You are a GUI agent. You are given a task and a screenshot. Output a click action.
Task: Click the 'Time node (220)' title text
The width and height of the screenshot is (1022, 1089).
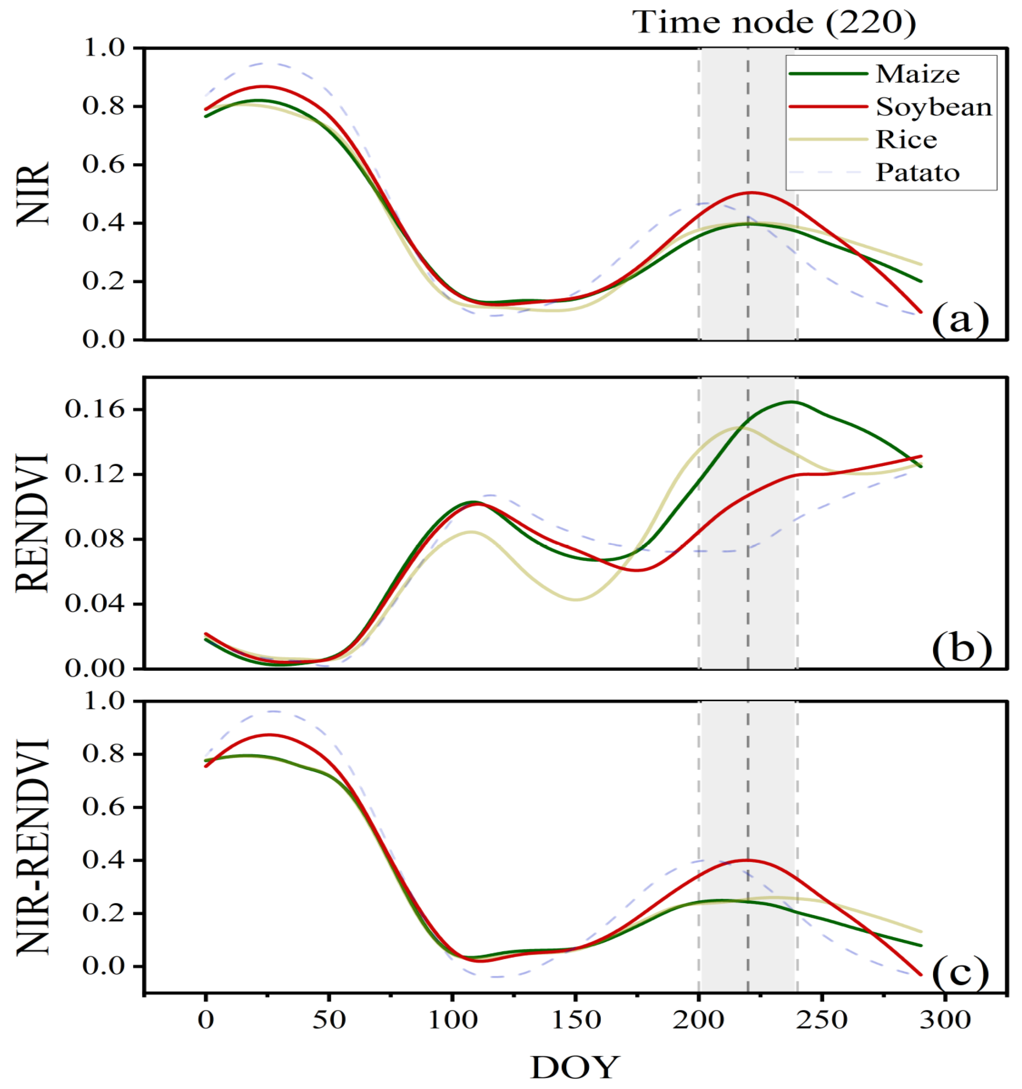point(774,23)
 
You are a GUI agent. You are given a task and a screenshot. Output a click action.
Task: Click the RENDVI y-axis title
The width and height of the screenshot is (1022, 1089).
point(33,523)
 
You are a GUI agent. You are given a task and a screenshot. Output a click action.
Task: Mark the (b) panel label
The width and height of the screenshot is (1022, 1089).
point(961,647)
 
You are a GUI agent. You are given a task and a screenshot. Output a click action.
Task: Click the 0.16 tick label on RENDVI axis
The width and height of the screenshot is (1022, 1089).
point(96,409)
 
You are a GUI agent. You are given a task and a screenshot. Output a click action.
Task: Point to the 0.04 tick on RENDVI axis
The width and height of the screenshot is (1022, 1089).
point(96,604)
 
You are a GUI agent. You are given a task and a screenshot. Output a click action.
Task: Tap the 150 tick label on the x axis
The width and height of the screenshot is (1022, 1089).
point(575,1020)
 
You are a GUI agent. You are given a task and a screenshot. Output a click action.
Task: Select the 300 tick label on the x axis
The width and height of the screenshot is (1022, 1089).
point(945,1020)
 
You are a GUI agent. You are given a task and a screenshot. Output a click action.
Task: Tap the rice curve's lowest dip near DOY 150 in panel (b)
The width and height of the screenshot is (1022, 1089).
point(575,599)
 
